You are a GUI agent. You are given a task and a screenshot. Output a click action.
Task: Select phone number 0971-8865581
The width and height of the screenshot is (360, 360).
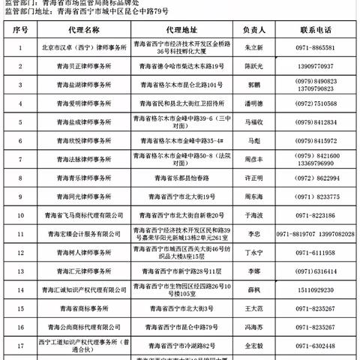click(x=313, y=46)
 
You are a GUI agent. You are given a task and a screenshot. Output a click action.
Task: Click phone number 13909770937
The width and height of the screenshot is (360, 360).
click(x=313, y=66)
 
